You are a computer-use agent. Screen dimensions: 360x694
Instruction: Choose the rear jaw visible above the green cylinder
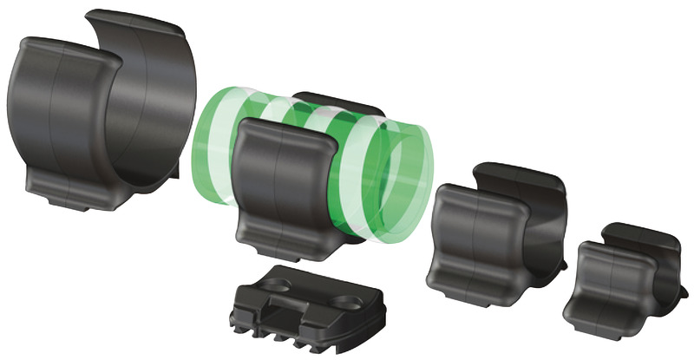pyautogui.click(x=334, y=102)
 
